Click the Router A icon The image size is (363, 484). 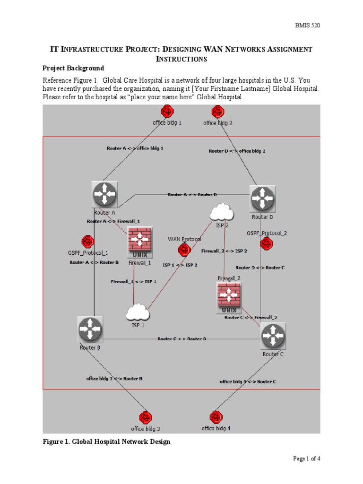click(104, 194)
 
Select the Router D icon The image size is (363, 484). click(262, 199)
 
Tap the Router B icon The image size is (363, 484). click(90, 329)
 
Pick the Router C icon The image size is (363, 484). click(273, 336)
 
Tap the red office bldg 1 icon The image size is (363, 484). click(167, 112)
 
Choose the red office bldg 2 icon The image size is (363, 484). click(218, 112)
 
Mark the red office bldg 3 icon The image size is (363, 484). click(145, 418)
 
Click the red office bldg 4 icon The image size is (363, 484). click(216, 417)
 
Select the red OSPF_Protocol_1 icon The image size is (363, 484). click(87, 242)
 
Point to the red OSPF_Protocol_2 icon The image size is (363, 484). click(267, 244)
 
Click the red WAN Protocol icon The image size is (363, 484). click(184, 250)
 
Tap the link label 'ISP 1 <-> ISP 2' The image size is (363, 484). click(180, 265)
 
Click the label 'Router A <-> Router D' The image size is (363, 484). click(192, 194)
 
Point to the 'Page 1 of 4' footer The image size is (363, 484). click(307, 458)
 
